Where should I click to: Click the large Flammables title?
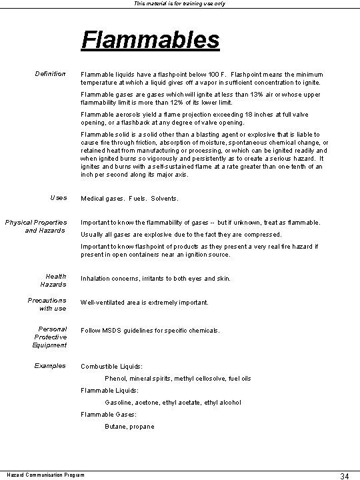150,40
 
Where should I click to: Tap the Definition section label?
50,74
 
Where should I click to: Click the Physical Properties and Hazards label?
45,226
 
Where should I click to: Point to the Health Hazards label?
55,280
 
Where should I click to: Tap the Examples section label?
51,366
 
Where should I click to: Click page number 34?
345,475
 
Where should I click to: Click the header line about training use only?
179,4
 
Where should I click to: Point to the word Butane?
115,427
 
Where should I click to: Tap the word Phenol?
116,379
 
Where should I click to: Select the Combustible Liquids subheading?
111,367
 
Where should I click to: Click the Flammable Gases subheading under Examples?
108,415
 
